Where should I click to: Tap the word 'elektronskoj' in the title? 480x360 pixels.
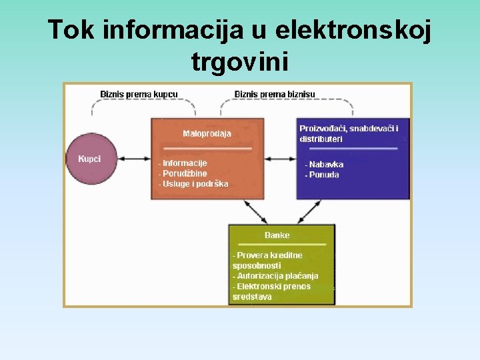[353, 30]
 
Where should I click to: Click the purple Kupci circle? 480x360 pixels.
[91, 159]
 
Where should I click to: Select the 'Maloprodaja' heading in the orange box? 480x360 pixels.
[207, 133]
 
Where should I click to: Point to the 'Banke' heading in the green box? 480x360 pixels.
[277, 235]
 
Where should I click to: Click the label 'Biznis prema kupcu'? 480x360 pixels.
[139, 94]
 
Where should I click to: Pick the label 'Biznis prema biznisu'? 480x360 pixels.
[275, 94]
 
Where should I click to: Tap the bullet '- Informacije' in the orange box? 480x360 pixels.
[183, 163]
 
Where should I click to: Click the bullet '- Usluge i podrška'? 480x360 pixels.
[193, 183]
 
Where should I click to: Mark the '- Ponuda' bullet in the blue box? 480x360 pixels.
[322, 175]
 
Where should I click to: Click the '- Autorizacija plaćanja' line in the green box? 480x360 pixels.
[275, 275]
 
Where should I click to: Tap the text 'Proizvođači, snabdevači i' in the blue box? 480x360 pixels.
[349, 128]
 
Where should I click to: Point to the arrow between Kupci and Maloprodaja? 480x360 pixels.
[135, 159]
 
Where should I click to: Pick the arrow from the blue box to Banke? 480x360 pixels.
[307, 211]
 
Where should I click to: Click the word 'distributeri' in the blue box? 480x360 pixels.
[321, 139]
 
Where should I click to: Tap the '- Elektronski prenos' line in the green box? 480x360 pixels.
[271, 286]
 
